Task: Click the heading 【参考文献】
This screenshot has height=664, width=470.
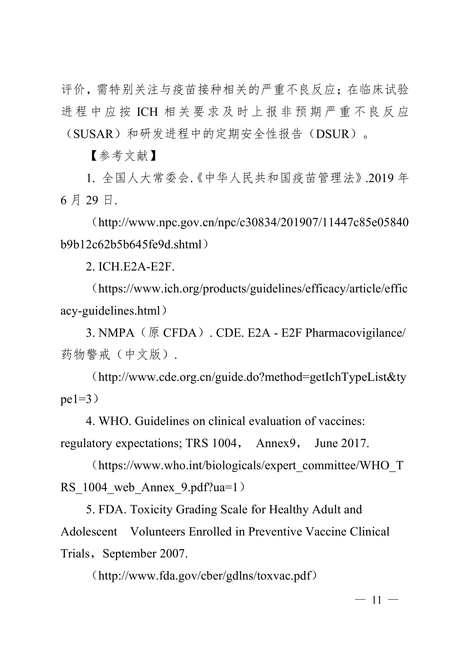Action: coord(123,156)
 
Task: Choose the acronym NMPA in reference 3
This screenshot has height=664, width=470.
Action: coord(116,333)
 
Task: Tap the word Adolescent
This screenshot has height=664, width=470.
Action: coord(89,532)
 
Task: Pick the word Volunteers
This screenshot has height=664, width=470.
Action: coord(157,532)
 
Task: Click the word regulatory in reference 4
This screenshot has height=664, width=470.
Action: coord(86,443)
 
